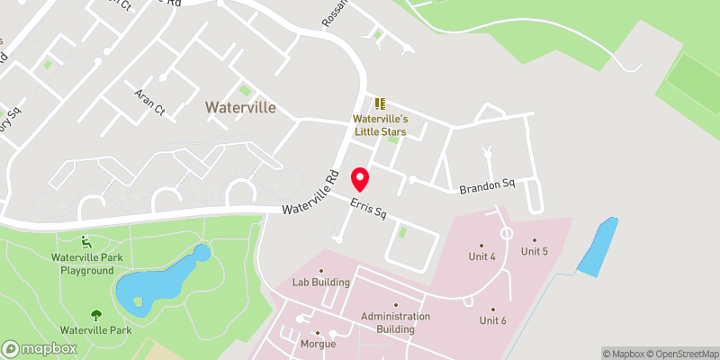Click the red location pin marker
[x=360, y=178]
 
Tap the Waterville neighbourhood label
[x=239, y=107]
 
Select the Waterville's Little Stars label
[x=379, y=125]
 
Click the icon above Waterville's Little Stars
[x=379, y=103]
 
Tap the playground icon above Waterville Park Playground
[x=86, y=241]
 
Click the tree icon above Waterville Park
[x=95, y=314]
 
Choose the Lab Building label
[x=320, y=282]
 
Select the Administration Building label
[x=395, y=322]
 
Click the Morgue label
[x=318, y=344]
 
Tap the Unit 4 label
[x=481, y=256]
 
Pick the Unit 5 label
[x=534, y=251]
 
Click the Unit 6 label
[x=492, y=320]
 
